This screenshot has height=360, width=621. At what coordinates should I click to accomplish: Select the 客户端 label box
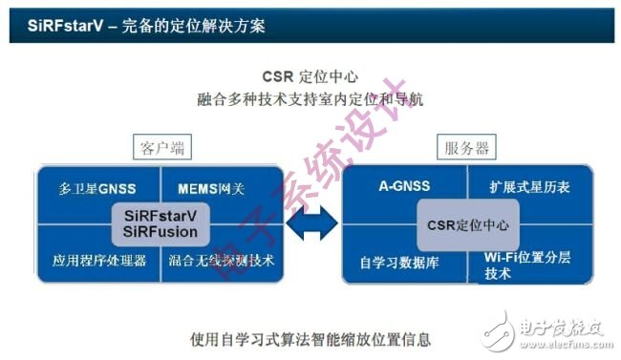pyautogui.click(x=159, y=148)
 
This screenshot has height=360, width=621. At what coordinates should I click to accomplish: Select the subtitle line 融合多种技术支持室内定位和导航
pyautogui.click(x=310, y=98)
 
